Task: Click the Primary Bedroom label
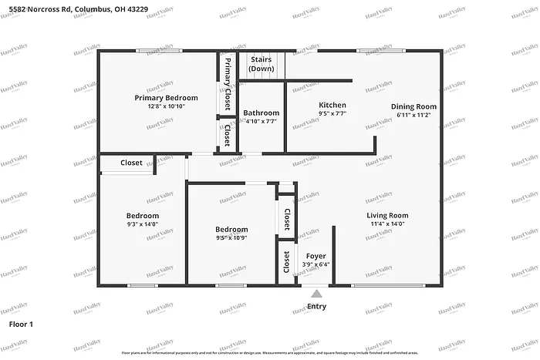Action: (x=166, y=98)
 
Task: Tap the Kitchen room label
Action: (x=332, y=105)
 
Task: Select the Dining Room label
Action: (x=413, y=106)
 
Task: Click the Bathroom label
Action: (x=261, y=113)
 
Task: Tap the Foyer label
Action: (x=316, y=255)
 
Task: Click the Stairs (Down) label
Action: (x=261, y=64)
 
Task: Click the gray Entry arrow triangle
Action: (x=316, y=293)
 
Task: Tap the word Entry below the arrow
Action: (x=316, y=306)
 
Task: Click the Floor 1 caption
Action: (x=21, y=325)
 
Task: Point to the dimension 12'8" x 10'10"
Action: (x=166, y=106)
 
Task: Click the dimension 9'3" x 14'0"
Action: (x=143, y=224)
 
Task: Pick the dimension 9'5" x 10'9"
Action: (x=231, y=238)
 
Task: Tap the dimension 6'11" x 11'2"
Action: (x=413, y=115)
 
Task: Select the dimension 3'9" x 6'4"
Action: (x=316, y=264)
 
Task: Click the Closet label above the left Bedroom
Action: (x=131, y=163)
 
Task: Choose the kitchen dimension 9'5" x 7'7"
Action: (x=332, y=113)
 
